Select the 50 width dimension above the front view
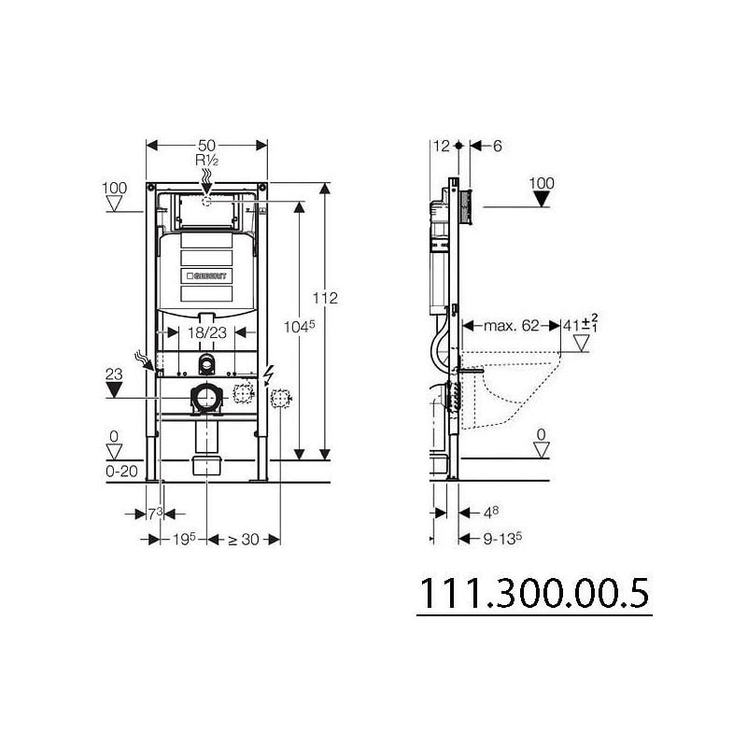click(207, 145)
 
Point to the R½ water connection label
click(206, 160)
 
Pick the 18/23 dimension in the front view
click(205, 331)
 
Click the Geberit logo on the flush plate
click(206, 277)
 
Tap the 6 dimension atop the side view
click(497, 145)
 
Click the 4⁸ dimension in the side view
click(489, 513)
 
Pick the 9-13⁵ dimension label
click(500, 538)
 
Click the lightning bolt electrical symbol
click(269, 373)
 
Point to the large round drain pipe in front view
click(205, 399)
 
